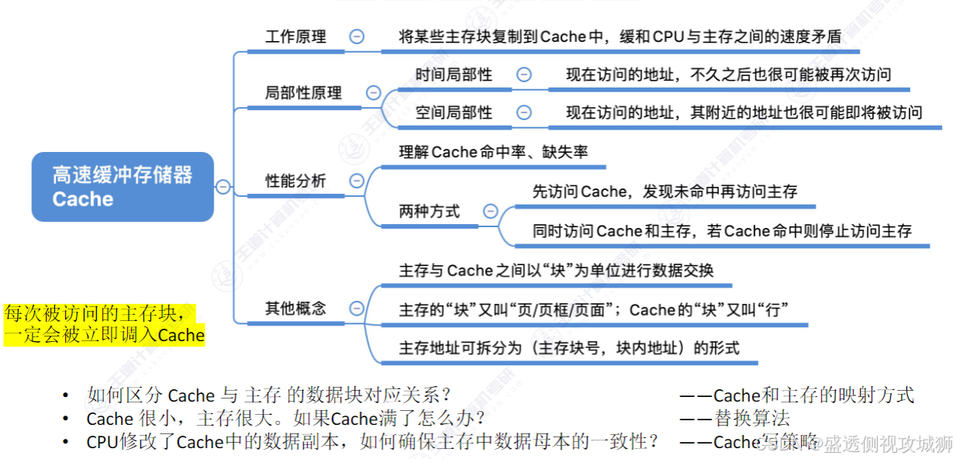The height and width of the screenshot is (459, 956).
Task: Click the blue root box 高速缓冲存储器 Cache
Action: coord(122,187)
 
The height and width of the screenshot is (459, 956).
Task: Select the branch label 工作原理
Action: coord(295,36)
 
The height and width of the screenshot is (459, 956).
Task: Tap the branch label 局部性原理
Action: coord(303,93)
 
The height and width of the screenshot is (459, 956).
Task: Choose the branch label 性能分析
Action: coord(295,181)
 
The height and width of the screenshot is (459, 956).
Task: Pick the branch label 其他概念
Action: coord(295,309)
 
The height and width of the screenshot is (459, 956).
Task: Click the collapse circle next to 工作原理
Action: coord(356,36)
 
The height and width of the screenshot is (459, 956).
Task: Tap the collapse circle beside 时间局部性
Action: coord(524,74)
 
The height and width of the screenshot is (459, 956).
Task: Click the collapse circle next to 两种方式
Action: coord(490,211)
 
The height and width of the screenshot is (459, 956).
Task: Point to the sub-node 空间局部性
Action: coord(453,112)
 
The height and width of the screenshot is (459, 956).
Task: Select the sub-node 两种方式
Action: coord(429,211)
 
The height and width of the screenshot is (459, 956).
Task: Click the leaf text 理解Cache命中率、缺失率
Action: coord(493,152)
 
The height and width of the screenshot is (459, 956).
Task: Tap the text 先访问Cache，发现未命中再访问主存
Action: coord(664,192)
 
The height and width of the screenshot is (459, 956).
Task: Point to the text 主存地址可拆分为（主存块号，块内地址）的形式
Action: coord(569,347)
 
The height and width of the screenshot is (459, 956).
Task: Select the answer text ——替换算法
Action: coord(734,419)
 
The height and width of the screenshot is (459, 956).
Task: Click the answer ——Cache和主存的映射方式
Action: coord(796,395)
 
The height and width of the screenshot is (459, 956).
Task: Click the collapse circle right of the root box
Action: coord(223,186)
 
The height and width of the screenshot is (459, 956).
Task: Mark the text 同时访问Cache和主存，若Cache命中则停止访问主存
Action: coord(721,231)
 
